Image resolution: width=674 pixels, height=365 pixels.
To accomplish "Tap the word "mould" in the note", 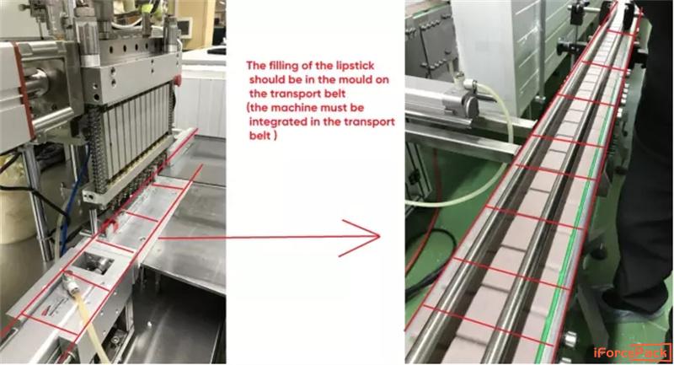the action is click(373, 79).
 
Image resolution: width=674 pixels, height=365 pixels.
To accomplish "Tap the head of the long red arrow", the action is click(379, 236).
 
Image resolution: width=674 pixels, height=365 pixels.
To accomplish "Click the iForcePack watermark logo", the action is click(632, 353).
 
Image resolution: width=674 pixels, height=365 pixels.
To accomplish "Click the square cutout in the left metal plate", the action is click(94, 263).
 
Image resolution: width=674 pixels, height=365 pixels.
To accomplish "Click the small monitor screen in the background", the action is click(185, 28).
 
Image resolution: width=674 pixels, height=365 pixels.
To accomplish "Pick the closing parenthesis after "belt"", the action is click(275, 136).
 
